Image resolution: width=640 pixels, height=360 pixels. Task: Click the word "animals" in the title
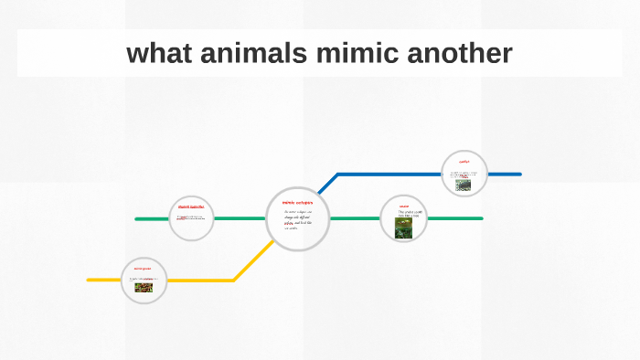click(241, 54)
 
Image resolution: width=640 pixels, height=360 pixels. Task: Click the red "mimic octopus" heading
click(297, 202)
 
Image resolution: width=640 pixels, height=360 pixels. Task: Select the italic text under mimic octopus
click(298, 220)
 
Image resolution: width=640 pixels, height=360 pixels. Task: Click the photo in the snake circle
click(403, 228)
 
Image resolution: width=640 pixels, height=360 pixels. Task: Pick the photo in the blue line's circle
click(465, 183)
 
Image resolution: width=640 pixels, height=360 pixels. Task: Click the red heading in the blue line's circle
click(464, 161)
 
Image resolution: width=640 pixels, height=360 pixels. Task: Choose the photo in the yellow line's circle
click(144, 287)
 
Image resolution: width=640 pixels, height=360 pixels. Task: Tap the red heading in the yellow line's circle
click(142, 269)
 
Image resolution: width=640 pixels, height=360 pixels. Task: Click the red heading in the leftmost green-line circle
click(191, 207)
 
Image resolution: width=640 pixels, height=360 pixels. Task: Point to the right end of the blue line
click(519, 174)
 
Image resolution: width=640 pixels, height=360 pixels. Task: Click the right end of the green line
click(481, 218)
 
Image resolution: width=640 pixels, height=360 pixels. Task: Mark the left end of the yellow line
click(90, 280)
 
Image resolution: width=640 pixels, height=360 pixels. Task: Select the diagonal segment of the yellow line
click(251, 262)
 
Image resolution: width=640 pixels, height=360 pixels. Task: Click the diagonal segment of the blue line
click(328, 183)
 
